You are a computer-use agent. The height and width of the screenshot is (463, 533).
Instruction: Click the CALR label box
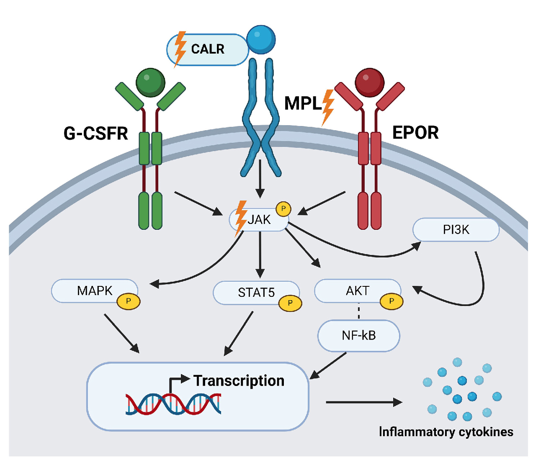(208, 49)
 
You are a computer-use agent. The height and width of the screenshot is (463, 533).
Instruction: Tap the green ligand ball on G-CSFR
(150, 82)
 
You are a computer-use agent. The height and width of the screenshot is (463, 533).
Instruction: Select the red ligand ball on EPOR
(369, 82)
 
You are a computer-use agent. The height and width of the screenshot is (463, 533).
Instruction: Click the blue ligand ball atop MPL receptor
(261, 39)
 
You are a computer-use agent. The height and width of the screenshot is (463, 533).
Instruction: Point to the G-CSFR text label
(95, 134)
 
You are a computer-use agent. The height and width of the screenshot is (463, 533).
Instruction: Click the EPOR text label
(415, 133)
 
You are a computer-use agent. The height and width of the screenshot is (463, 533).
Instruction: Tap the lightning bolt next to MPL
(328, 108)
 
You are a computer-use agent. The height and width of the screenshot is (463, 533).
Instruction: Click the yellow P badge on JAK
(283, 208)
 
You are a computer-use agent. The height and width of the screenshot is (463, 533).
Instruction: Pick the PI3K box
(456, 229)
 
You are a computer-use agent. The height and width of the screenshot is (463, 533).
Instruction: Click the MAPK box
(95, 291)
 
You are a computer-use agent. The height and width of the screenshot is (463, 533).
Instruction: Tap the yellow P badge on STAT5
(290, 303)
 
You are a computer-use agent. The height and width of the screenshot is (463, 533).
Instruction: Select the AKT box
(358, 291)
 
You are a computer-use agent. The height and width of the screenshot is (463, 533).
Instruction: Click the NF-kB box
(359, 335)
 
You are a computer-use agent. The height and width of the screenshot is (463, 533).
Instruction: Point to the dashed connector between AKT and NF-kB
(359, 311)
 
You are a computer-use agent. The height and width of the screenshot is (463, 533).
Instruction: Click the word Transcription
(239, 381)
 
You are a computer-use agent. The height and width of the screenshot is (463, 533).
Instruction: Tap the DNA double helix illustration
(173, 404)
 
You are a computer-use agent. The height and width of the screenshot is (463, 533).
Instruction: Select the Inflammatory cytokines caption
(446, 432)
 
